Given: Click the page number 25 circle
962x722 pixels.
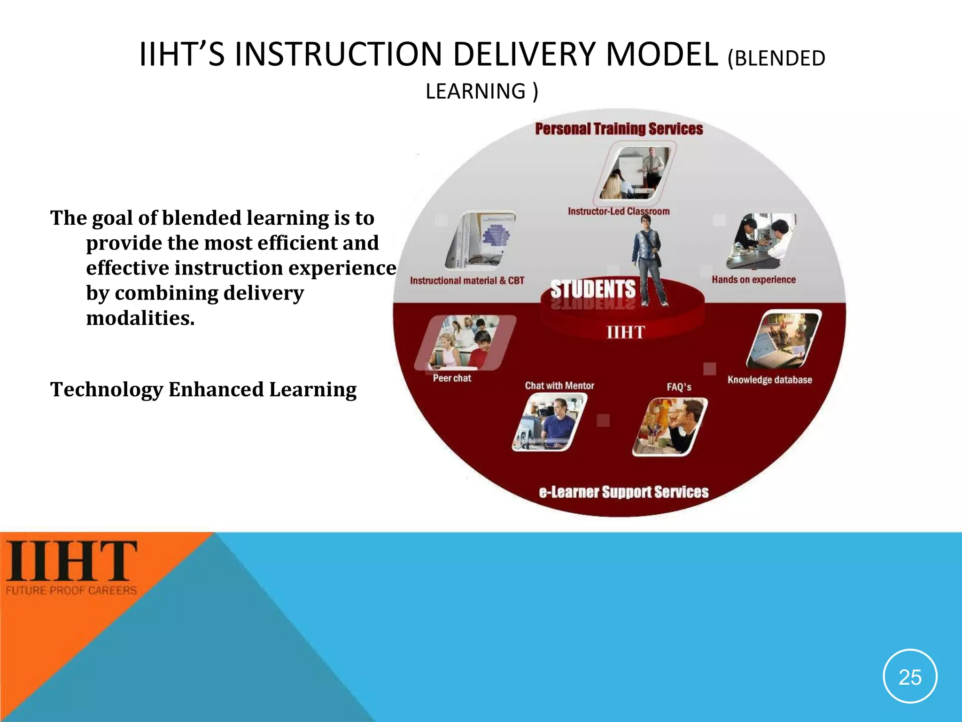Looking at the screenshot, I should pyautogui.click(x=910, y=677).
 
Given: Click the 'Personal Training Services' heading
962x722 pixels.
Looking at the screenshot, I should pyautogui.click(x=619, y=129).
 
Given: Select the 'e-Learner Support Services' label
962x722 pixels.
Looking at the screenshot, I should pyautogui.click(x=623, y=492).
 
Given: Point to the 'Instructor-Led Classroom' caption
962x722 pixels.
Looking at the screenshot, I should pyautogui.click(x=618, y=212).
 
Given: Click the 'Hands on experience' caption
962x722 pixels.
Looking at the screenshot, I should pyautogui.click(x=753, y=280).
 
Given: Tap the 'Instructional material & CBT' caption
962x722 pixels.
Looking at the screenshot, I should pyautogui.click(x=467, y=281).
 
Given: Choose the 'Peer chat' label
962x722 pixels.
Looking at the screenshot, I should pyautogui.click(x=451, y=378).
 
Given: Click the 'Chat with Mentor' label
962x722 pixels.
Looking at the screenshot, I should pyautogui.click(x=559, y=386).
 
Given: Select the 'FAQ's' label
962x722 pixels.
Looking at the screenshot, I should pyautogui.click(x=679, y=387).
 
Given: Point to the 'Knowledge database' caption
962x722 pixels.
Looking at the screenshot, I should pyautogui.click(x=769, y=380).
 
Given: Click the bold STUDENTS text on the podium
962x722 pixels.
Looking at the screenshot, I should pyautogui.click(x=592, y=289).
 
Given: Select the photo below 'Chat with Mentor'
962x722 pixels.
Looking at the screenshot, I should pyautogui.click(x=549, y=422).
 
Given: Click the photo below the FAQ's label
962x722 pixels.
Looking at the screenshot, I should pyautogui.click(x=670, y=427).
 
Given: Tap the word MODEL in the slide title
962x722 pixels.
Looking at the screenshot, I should pyautogui.click(x=662, y=55).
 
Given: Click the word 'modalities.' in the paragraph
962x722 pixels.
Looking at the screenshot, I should pyautogui.click(x=140, y=318).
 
